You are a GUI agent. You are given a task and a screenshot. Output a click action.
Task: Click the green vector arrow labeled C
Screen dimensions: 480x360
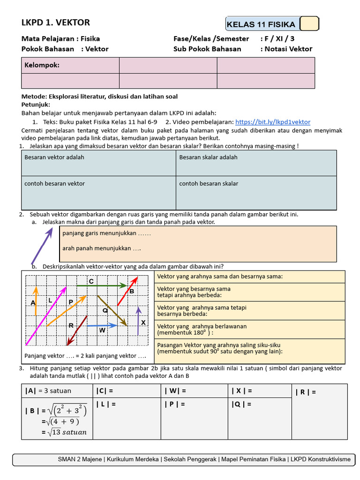coord(101,285)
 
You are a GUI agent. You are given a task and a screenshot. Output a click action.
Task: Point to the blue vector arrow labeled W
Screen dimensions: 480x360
coord(102,325)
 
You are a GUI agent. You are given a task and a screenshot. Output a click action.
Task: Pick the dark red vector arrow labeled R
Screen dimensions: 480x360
coord(77,330)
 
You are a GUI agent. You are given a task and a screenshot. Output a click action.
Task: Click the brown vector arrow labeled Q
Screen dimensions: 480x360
coord(112,310)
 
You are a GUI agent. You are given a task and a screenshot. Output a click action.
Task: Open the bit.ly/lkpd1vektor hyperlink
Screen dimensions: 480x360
coord(272,122)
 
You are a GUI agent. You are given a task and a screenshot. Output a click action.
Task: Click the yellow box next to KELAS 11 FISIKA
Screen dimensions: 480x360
coord(309,24)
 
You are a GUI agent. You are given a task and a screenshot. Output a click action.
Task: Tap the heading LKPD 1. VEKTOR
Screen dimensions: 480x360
coord(56,22)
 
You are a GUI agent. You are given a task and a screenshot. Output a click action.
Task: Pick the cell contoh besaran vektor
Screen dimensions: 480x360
coord(54,184)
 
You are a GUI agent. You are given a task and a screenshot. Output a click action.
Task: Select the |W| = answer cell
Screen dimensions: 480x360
coord(176,390)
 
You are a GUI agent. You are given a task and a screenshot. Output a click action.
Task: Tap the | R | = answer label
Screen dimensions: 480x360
coord(305,392)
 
